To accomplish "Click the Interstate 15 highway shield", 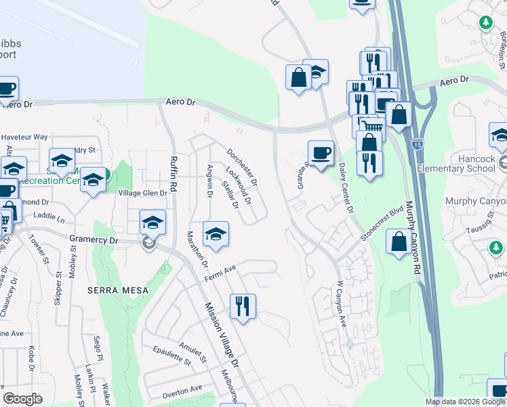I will tap(417, 143).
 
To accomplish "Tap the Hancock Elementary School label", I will tap(455, 163).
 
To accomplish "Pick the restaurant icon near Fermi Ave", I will tap(242, 306).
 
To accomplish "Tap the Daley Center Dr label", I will tap(346, 188).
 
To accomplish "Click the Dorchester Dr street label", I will tap(242, 167).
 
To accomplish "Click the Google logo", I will tap(22, 399).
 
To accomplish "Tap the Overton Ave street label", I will tap(182, 389).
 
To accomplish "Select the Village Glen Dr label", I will tap(143, 193).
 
